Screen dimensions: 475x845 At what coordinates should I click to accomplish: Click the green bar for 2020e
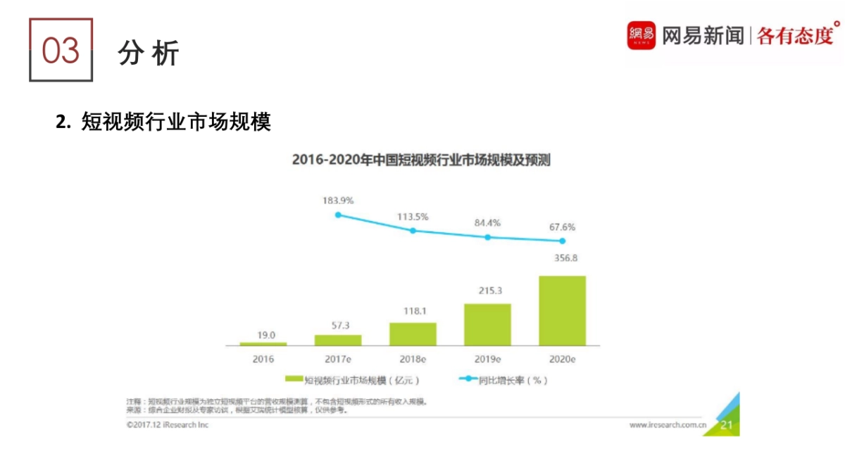coord(562,310)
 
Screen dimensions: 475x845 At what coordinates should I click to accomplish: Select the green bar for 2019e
coord(487,324)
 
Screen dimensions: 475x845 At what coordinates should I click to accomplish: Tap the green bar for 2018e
coord(413,334)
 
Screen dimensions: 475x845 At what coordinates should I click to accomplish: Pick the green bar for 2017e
coord(338,340)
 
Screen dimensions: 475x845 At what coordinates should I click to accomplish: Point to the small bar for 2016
coord(263,343)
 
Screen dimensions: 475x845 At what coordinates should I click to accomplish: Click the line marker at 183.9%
coord(338,215)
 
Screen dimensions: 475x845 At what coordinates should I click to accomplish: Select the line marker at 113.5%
coord(413,230)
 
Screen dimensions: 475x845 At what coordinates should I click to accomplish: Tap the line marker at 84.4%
coord(487,237)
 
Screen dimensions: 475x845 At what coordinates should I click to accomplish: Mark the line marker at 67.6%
coord(562,241)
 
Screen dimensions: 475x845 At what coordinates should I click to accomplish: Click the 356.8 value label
coord(562,258)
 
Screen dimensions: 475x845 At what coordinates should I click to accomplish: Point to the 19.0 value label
coord(263,335)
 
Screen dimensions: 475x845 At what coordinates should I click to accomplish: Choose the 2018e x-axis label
coord(413,359)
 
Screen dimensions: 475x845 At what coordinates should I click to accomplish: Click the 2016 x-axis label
coord(263,359)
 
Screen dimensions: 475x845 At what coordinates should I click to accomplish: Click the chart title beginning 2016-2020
coord(421,160)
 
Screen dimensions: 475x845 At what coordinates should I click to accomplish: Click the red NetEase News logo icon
coord(641,35)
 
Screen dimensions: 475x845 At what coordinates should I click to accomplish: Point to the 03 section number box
coord(61,50)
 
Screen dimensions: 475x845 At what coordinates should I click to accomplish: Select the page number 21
coord(727,424)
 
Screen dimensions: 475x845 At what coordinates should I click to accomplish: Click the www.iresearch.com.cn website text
coord(668,425)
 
